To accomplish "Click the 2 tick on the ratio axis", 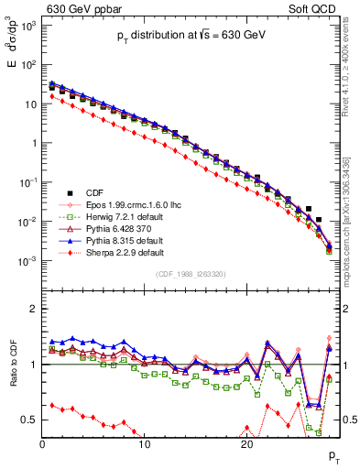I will click(35, 308).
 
